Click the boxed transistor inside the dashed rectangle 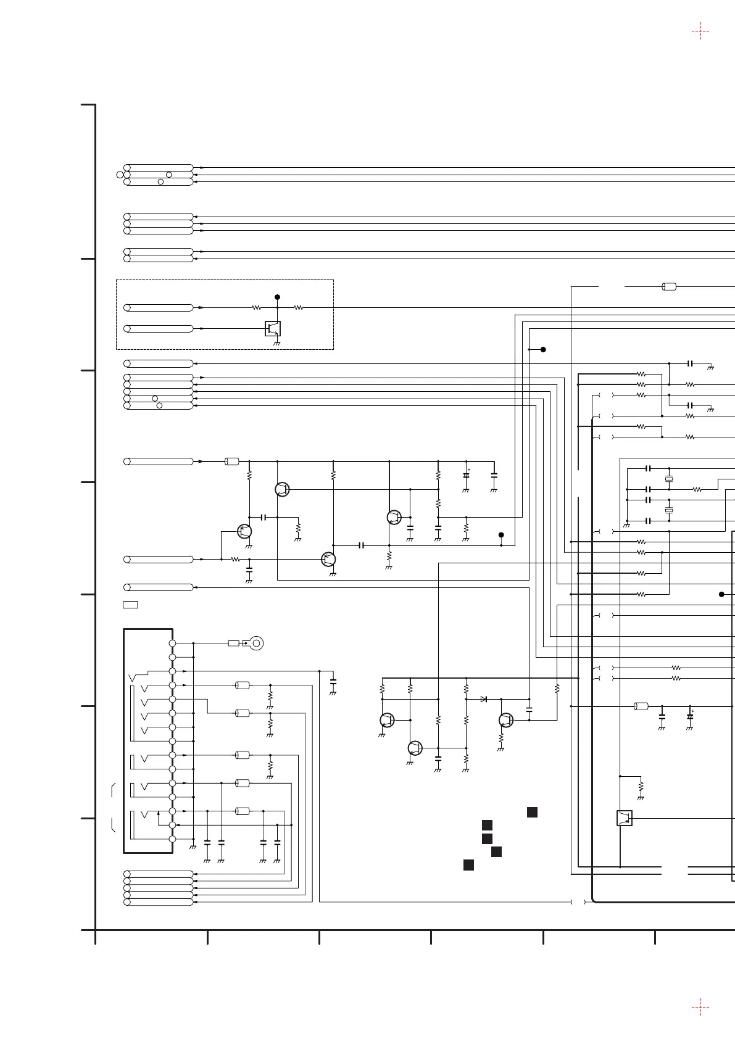[x=273, y=328]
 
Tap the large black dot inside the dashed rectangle [x=277, y=297]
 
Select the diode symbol [x=484, y=699]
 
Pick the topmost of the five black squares [x=532, y=812]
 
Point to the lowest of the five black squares [x=468, y=864]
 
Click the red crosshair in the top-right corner [x=700, y=31]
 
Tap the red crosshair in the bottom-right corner [x=700, y=1008]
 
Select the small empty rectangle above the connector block [x=130, y=604]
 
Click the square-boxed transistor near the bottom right [x=625, y=818]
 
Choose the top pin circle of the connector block [x=172, y=644]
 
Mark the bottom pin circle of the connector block [x=172, y=839]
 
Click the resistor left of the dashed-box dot [x=256, y=307]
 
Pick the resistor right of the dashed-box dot [x=298, y=307]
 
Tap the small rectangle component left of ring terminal [x=233, y=644]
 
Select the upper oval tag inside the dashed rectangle [x=159, y=307]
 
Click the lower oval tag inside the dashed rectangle [x=159, y=328]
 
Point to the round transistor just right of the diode [x=506, y=720]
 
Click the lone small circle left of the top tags [x=120, y=175]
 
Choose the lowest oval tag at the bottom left [x=159, y=902]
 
